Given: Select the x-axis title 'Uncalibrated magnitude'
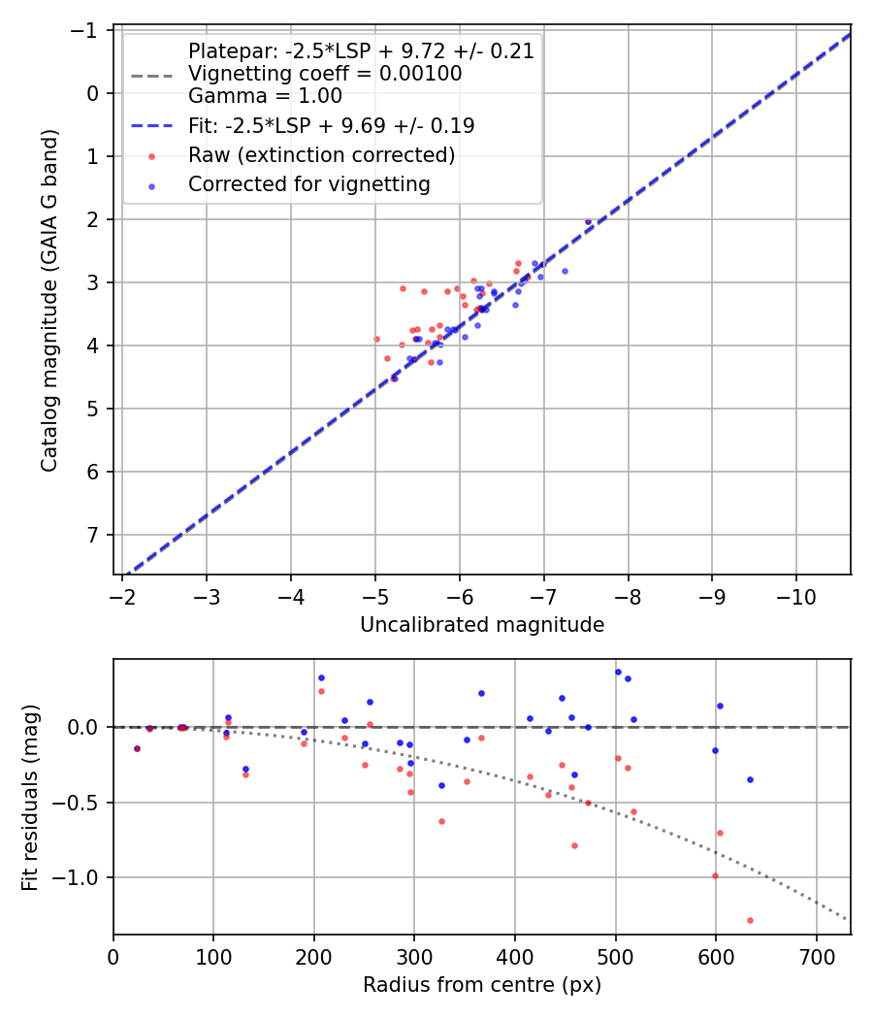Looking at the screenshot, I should [482, 625].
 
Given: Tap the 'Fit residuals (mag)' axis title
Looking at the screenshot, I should [30, 796].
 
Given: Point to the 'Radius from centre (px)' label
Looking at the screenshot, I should [482, 985].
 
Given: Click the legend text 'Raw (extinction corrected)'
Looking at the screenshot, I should [322, 155].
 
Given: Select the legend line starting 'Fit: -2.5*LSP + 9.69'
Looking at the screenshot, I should [331, 126].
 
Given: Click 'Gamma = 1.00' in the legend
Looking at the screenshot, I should [265, 96].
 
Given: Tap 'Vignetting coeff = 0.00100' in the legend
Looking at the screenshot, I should [325, 74].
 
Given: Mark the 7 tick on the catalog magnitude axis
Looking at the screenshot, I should [92, 535].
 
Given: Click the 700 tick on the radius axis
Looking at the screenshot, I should [816, 953].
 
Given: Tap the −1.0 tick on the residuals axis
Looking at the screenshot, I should [79, 877].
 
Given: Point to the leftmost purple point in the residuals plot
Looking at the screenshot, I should [137, 748].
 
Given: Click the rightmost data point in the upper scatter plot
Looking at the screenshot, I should [588, 221].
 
